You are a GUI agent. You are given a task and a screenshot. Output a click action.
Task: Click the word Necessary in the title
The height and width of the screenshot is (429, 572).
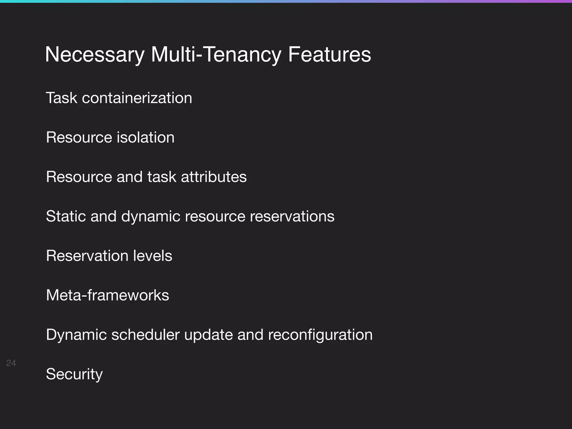94,55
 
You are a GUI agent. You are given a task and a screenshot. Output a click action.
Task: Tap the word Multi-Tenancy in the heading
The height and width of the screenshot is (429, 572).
216,55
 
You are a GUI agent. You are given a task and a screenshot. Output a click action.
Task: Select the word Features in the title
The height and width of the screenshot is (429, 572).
329,54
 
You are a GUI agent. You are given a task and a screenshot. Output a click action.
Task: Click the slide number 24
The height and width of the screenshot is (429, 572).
11,363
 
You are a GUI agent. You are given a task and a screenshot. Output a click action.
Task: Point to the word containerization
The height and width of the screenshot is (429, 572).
137,98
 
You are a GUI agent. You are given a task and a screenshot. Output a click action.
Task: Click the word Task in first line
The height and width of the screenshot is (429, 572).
61,98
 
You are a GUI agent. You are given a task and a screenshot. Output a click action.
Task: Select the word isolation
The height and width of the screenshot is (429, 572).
145,137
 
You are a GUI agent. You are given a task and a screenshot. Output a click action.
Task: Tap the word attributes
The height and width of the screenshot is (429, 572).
214,177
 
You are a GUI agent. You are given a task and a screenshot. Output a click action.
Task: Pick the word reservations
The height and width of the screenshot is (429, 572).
292,216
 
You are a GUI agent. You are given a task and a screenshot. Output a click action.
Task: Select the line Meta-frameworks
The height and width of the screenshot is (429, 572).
108,295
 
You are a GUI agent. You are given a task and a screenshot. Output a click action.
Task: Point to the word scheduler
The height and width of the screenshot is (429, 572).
145,335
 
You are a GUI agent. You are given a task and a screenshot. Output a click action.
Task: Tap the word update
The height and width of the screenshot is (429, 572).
208,335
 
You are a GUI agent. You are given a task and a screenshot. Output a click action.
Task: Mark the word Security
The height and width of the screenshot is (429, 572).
74,374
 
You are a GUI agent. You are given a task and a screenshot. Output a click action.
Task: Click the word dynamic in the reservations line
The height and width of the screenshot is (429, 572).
151,216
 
